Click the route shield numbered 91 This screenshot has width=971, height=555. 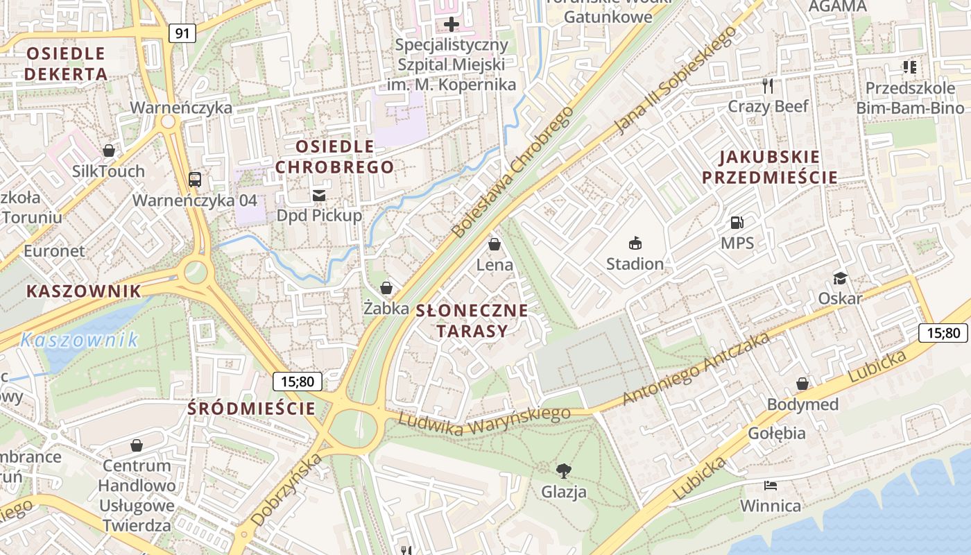[x=182, y=33]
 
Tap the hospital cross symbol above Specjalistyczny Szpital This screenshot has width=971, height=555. [x=452, y=25]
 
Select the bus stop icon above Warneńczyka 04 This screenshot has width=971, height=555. [x=195, y=180]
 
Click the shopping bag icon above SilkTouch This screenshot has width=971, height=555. [x=109, y=151]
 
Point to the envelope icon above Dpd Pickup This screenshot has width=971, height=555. [x=319, y=195]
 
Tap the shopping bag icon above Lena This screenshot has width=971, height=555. [x=495, y=244]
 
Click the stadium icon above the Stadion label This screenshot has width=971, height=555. [x=635, y=243]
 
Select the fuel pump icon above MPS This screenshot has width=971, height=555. [x=737, y=223]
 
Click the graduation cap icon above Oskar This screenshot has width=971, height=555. [x=840, y=278]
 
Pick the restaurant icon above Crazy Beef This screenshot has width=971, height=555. [x=768, y=86]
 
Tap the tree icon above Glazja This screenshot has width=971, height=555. [x=564, y=471]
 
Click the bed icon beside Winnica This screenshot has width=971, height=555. [x=770, y=485]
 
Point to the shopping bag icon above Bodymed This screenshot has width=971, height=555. [x=802, y=384]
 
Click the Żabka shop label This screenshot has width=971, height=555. [x=386, y=309]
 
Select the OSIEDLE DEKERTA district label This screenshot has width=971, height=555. [x=66, y=63]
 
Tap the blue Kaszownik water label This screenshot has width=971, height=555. [x=79, y=340]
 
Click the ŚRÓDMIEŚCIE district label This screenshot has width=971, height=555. [x=251, y=409]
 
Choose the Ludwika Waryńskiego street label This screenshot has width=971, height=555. [x=484, y=420]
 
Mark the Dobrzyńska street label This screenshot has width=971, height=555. [x=286, y=490]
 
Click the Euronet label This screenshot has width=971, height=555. [x=54, y=250]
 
